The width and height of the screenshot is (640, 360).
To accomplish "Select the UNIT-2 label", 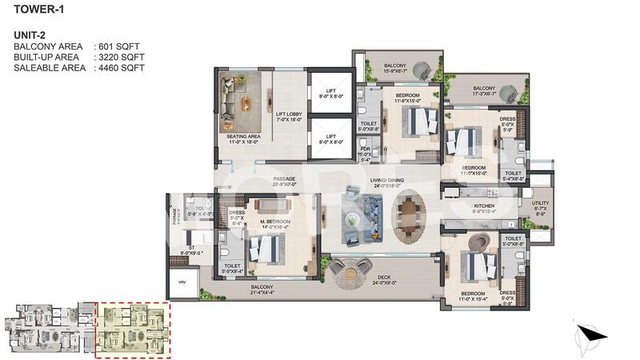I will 30,36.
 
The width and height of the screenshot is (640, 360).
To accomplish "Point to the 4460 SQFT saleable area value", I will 121,68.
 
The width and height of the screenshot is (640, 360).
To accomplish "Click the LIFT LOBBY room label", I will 289,117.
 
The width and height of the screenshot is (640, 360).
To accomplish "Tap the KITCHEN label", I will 485,206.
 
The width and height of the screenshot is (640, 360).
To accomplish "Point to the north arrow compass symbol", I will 590,330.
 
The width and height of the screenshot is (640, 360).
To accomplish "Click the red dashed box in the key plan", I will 132,330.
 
